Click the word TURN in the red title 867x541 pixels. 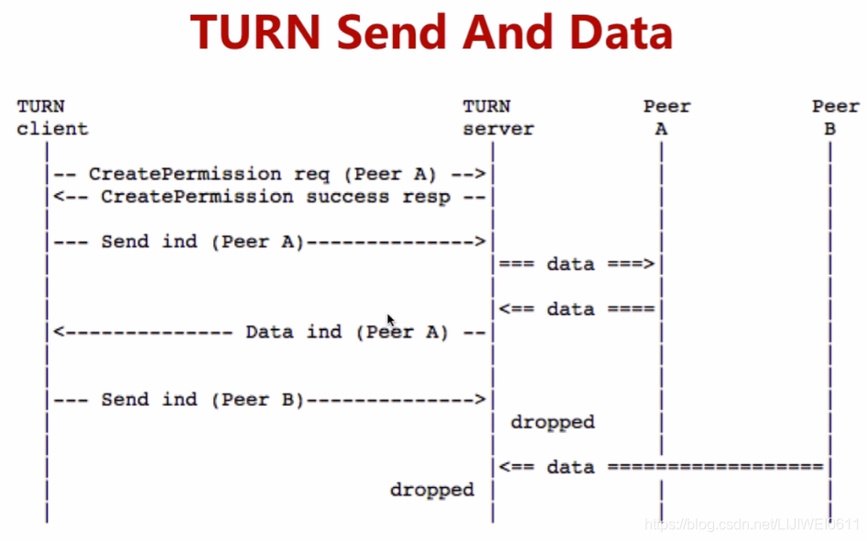tap(255, 34)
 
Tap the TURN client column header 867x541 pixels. tap(52, 118)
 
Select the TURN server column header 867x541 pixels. tap(497, 118)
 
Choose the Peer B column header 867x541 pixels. tap(834, 118)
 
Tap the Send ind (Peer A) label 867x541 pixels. tap(201, 242)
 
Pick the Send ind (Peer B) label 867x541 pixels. tap(201, 399)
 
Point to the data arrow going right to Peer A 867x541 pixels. tap(577, 265)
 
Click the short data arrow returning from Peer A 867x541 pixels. tap(577, 309)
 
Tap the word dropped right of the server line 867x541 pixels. tap(552, 422)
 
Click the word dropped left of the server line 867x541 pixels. tap(431, 490)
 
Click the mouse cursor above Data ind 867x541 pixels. tap(390, 319)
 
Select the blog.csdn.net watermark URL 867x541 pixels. tap(752, 525)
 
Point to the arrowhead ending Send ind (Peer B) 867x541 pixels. tap(480, 399)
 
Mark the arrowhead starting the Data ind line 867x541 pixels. tap(58, 332)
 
